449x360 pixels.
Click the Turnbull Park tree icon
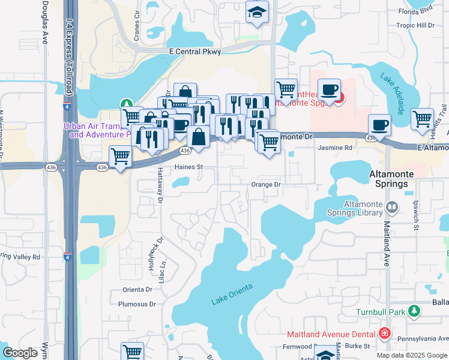tap(414, 311)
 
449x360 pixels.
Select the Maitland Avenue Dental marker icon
tap(385, 334)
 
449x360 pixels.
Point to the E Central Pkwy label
tap(195, 52)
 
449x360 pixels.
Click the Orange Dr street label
tap(266, 185)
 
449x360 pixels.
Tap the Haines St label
tap(186, 167)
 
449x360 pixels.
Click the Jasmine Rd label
tap(334, 148)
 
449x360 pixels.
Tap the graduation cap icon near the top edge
tap(257, 13)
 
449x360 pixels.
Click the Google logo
tap(20, 353)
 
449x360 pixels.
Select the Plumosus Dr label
tap(136, 304)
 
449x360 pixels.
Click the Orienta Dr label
tap(139, 289)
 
